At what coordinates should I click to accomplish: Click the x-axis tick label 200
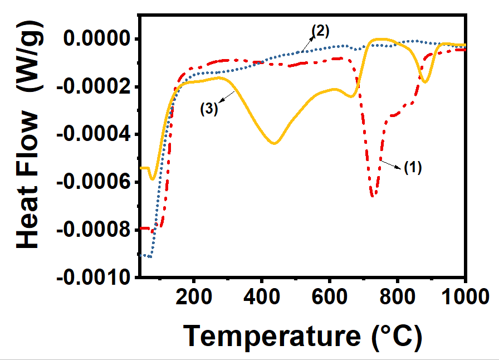coord(194,296)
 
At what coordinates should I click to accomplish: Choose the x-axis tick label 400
coord(262,296)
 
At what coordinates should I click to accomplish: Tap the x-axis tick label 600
coord(330,296)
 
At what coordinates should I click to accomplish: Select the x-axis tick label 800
coord(398,296)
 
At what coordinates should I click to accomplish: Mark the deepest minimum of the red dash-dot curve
coord(373,195)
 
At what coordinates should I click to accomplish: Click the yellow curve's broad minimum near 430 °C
coord(274,143)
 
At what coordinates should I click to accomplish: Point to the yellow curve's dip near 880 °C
coord(425,82)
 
